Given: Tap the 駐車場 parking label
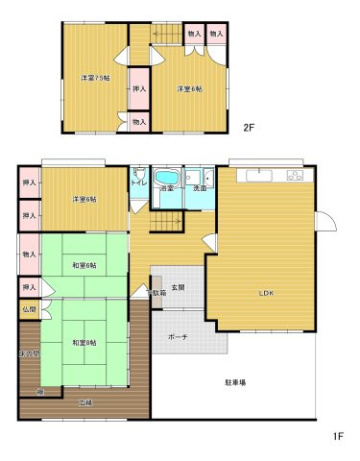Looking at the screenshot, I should pos(235,382).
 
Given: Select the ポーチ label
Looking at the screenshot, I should pos(178,337).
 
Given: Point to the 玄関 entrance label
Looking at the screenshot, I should pos(179,287).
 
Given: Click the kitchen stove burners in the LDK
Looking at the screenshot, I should pos(293,175).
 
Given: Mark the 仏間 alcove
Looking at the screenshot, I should pos(29,310).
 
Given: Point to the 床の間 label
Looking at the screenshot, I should pos(29,354).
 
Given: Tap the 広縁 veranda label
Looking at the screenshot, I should pos(84,402).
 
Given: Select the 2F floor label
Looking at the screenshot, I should pos(248,128).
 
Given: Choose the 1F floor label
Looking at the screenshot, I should pos(338,436).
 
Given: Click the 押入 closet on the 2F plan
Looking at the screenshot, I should pos(139,89).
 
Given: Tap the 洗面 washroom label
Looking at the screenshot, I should pos(200,188).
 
